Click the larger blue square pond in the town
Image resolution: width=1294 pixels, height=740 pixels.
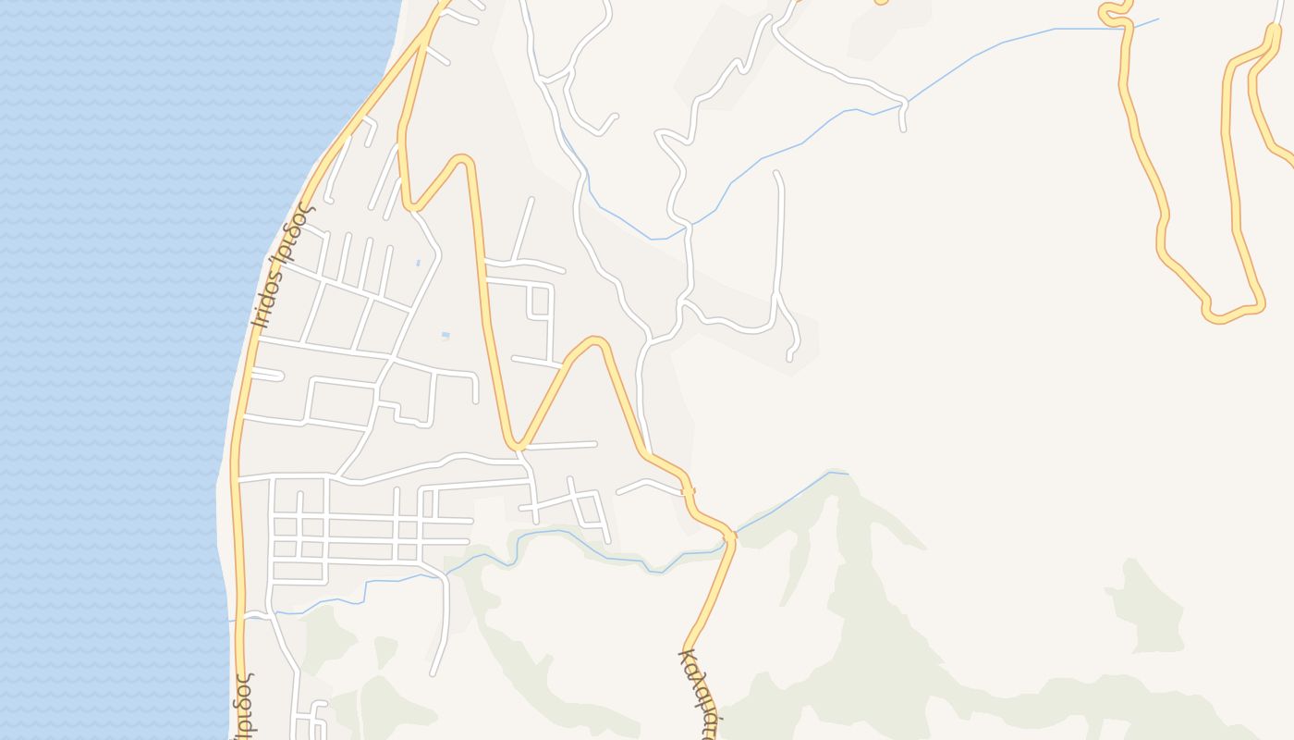446,335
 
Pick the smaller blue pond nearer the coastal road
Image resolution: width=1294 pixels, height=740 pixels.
418,263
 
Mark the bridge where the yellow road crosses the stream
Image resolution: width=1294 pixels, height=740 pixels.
729,536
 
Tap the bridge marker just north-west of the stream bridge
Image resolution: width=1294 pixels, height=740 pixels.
689,491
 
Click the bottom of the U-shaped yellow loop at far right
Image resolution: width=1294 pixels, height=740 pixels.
1234,313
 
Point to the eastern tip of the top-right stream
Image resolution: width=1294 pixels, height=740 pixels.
1157,19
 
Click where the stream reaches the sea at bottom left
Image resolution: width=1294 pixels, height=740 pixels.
231,620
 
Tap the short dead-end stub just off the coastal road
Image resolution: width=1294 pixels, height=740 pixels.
268,374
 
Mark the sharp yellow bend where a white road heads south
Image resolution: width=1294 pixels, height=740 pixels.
519,447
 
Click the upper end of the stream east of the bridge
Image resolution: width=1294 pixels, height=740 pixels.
845,474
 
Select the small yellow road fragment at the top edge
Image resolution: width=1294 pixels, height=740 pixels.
881,3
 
